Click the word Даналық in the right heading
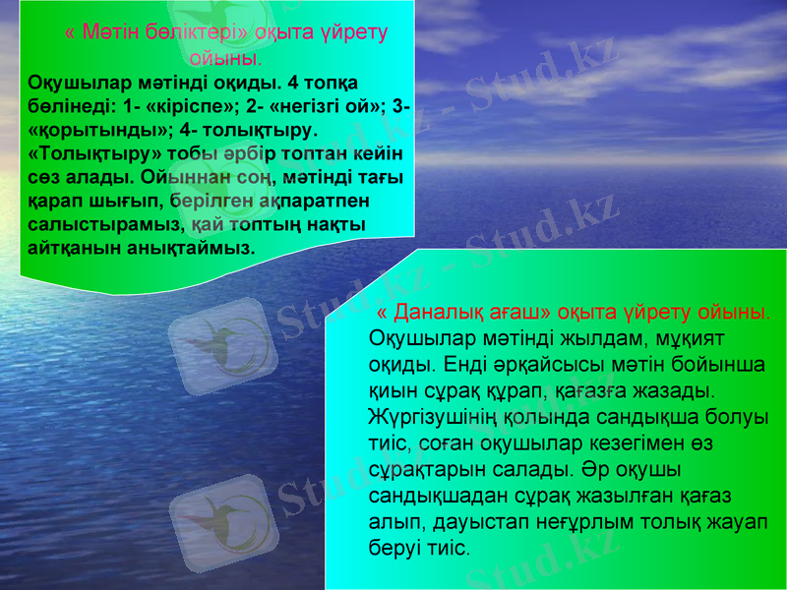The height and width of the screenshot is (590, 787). tap(447, 312)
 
